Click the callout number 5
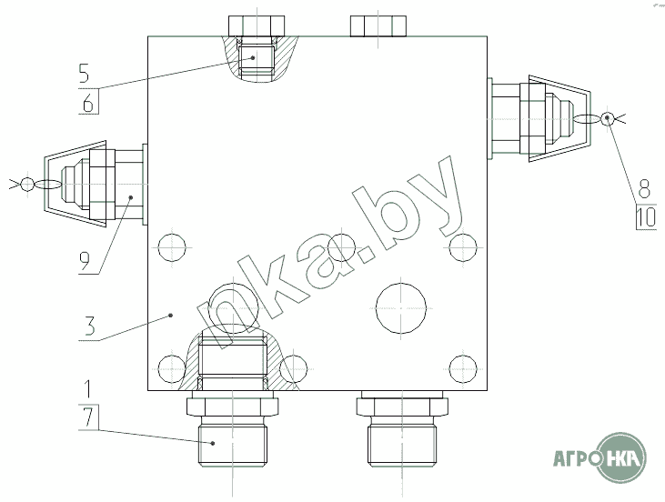(x=85, y=73)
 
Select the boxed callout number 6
(x=88, y=102)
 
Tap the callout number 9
(x=85, y=261)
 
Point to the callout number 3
(x=89, y=326)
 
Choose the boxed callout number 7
(x=88, y=417)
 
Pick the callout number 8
(x=644, y=188)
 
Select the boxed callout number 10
(x=646, y=216)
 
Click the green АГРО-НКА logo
(x=600, y=457)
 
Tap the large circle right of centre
(x=401, y=308)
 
